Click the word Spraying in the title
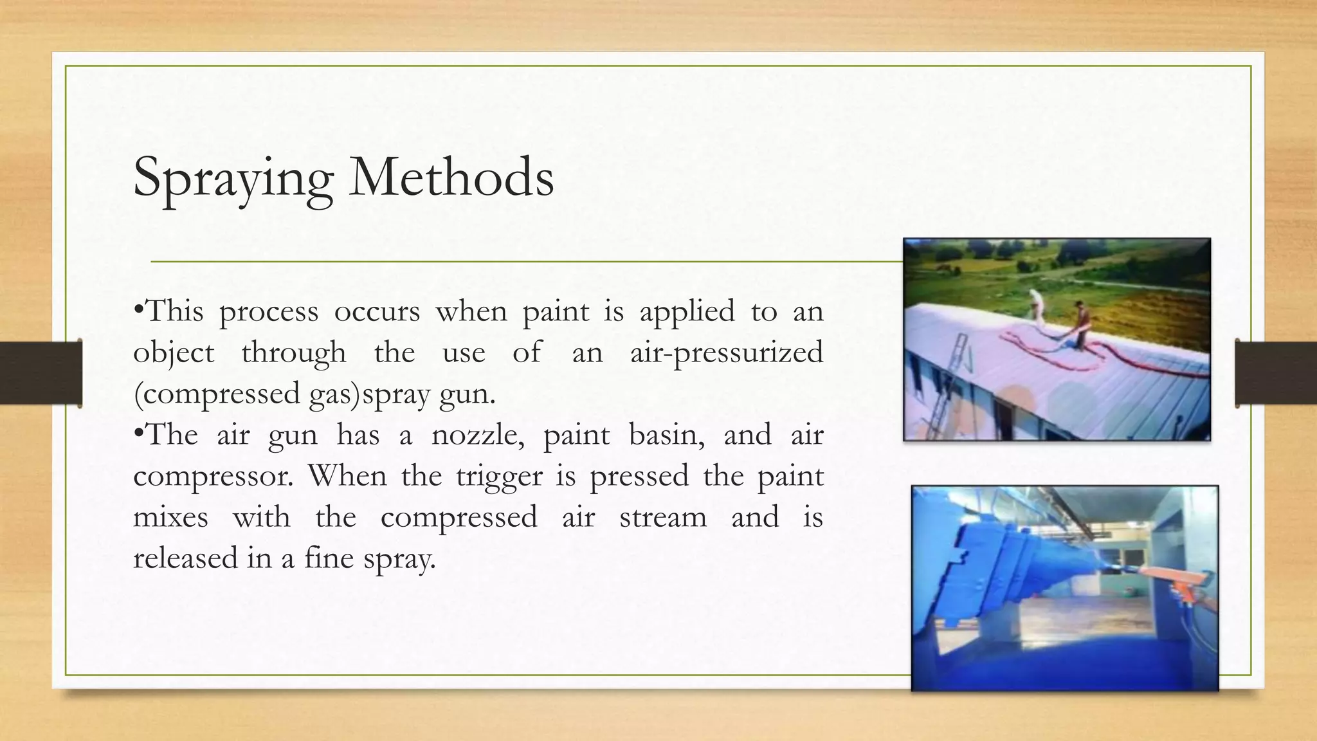tap(233, 178)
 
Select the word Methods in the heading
tap(451, 177)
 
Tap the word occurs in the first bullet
tap(377, 311)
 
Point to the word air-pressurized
tap(726, 353)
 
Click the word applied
tap(686, 313)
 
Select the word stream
tap(663, 518)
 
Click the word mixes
tap(170, 517)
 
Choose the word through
tap(294, 353)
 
